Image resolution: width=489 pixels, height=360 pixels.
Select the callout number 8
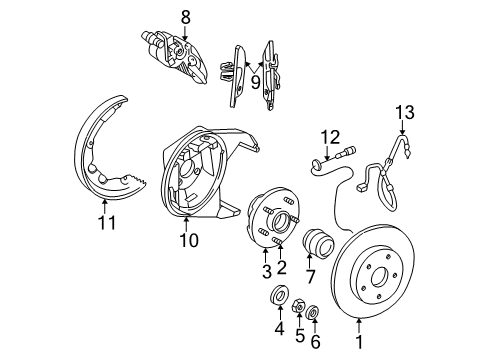coord(184,15)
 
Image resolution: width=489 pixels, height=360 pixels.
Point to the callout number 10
coord(188,240)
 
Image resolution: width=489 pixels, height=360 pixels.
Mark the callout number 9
coord(255,83)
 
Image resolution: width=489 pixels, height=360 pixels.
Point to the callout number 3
coord(265,271)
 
